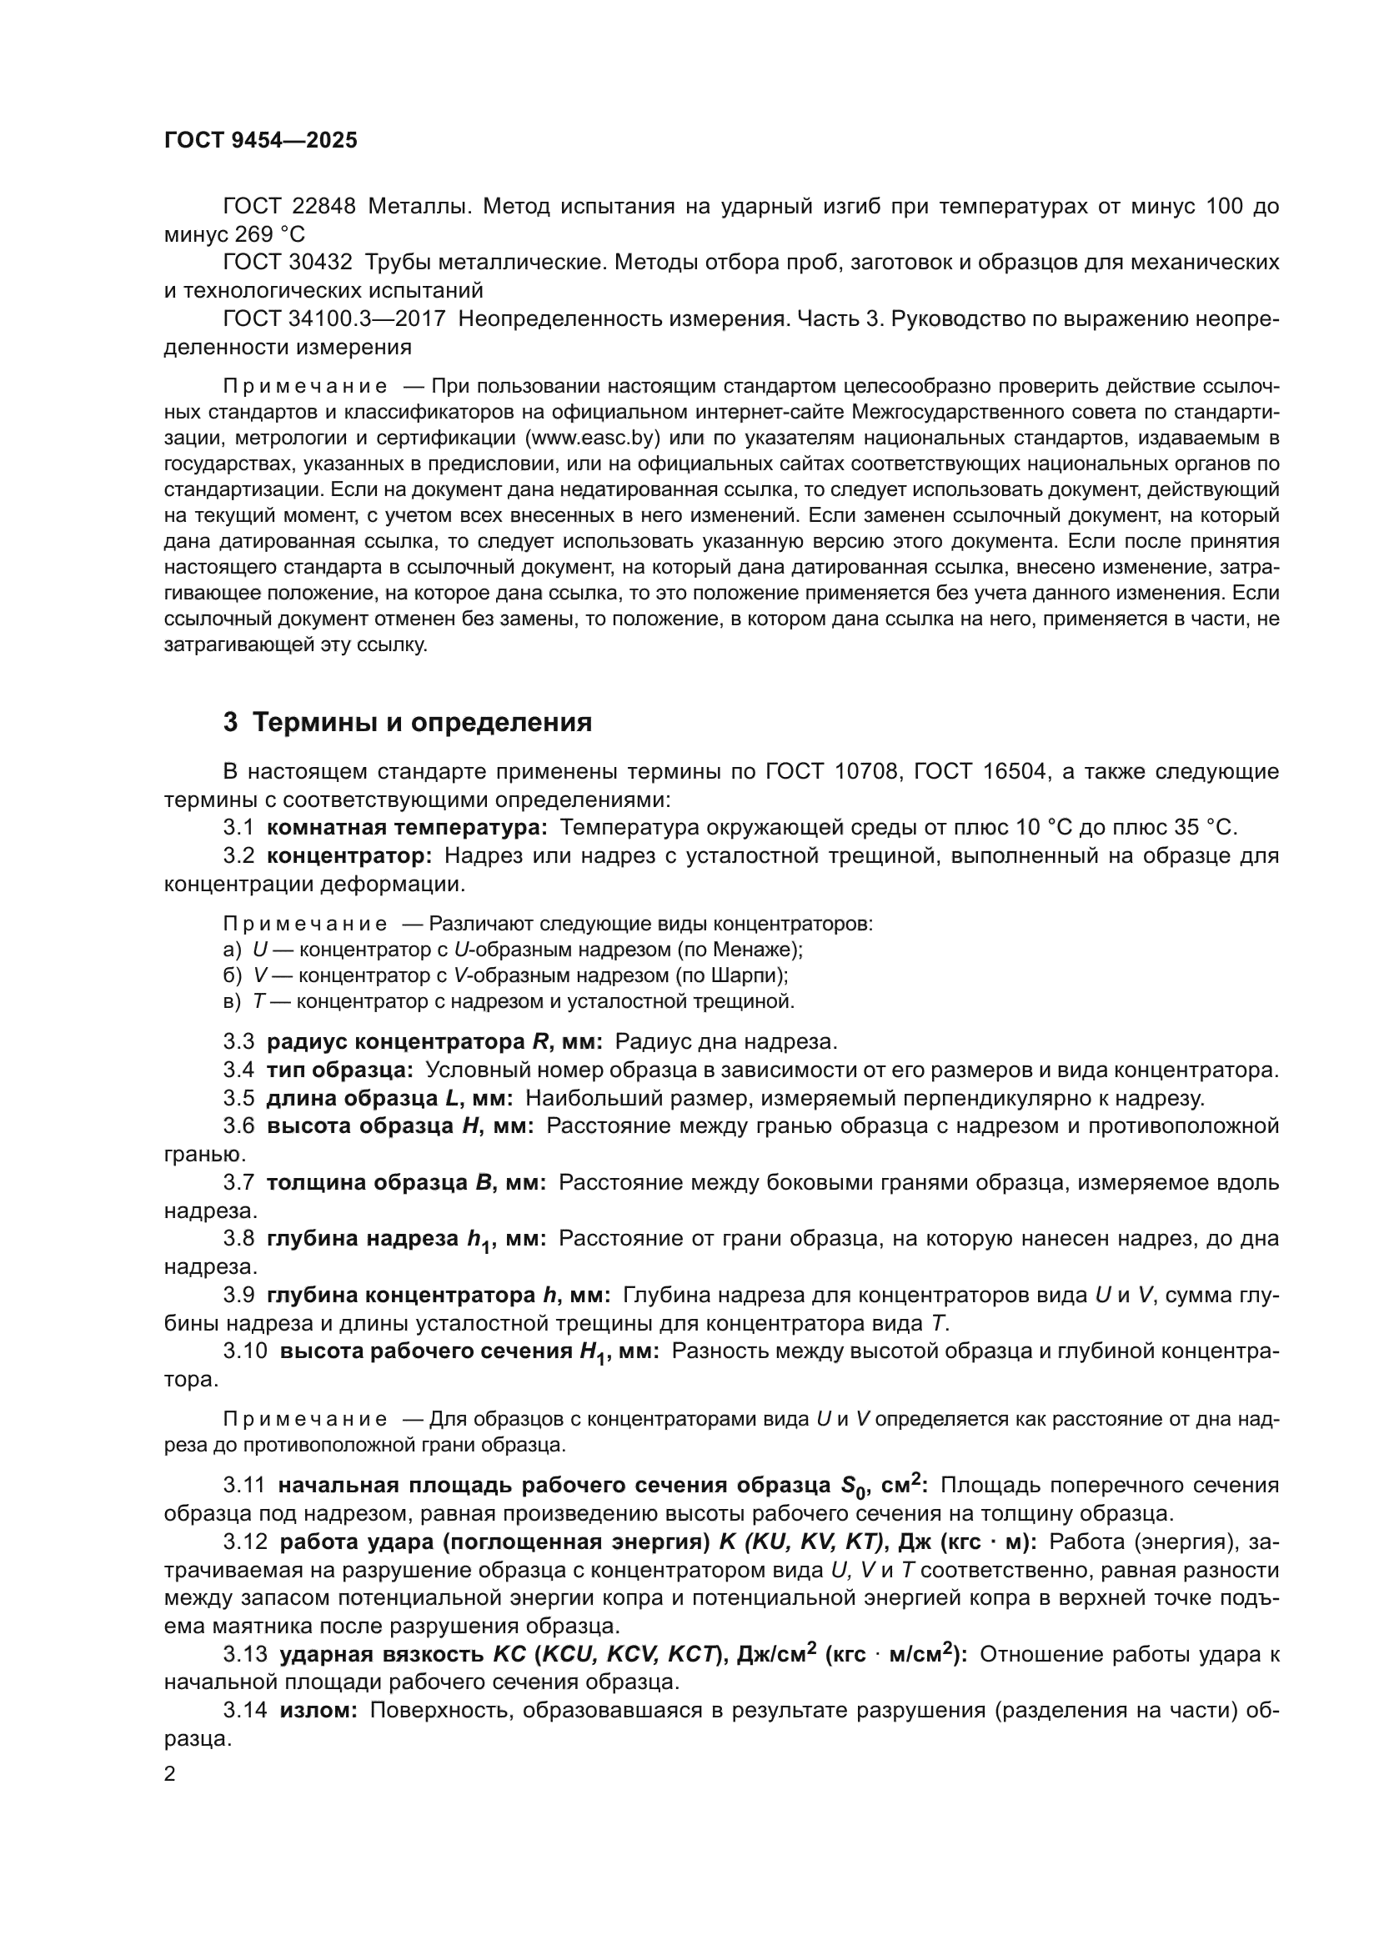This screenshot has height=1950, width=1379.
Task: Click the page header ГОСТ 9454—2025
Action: click(261, 141)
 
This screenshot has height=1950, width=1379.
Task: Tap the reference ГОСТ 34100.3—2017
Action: click(333, 318)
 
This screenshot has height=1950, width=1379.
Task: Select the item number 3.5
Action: click(239, 1098)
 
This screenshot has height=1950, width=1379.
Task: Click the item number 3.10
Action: click(244, 1351)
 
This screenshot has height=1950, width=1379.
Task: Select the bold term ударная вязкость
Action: click(382, 1654)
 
